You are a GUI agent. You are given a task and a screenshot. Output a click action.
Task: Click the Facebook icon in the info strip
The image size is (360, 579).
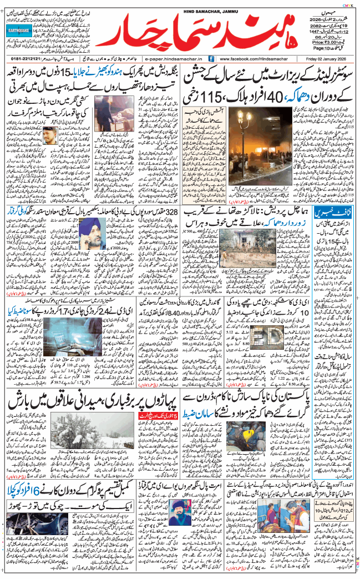[211, 58]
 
